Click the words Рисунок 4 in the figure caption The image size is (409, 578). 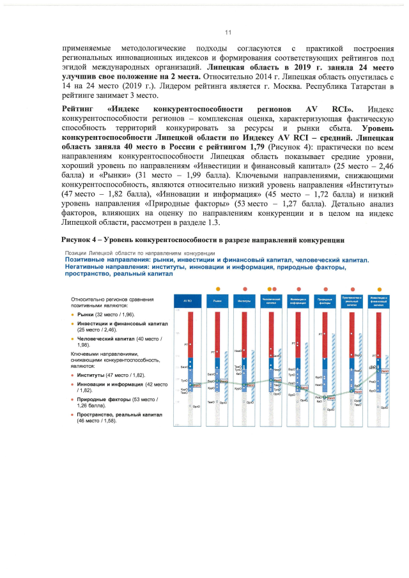[x=79, y=240]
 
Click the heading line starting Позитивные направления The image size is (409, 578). [x=216, y=260]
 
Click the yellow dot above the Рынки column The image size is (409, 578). [x=217, y=288]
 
